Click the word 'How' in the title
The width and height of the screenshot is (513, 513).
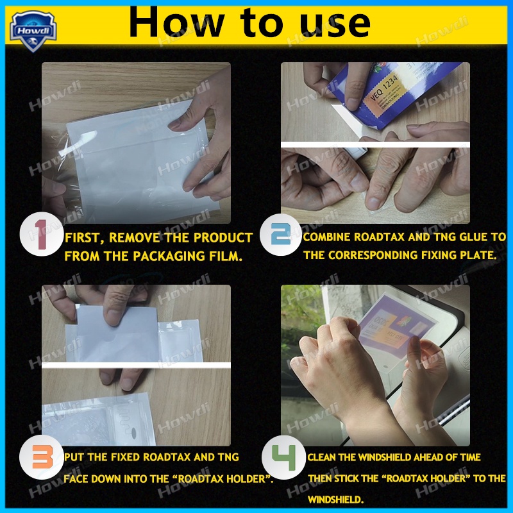click(169, 22)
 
